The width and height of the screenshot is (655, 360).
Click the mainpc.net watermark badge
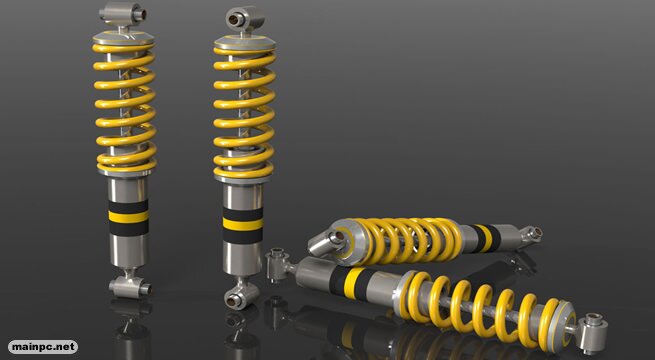coord(43,347)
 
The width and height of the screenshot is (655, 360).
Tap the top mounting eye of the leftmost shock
coord(122,13)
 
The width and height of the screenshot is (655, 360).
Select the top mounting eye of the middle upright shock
coord(244,18)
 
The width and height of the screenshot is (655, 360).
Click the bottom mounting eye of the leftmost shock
coord(130,286)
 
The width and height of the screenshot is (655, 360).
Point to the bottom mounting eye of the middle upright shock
coord(241,296)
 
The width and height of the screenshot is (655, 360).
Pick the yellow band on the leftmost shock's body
coord(128,217)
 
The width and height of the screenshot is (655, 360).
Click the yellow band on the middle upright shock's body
coord(243,224)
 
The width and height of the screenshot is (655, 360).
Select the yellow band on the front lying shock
coord(353,283)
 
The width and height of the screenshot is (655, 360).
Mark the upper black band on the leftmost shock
coord(128,206)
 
